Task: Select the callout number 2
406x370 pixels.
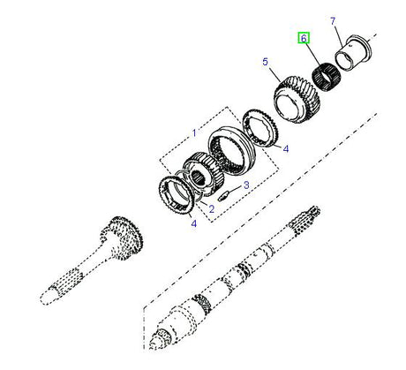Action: click(211, 208)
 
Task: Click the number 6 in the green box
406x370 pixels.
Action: click(304, 39)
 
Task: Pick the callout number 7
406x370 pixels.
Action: click(333, 19)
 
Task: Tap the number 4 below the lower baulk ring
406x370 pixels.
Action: click(193, 224)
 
